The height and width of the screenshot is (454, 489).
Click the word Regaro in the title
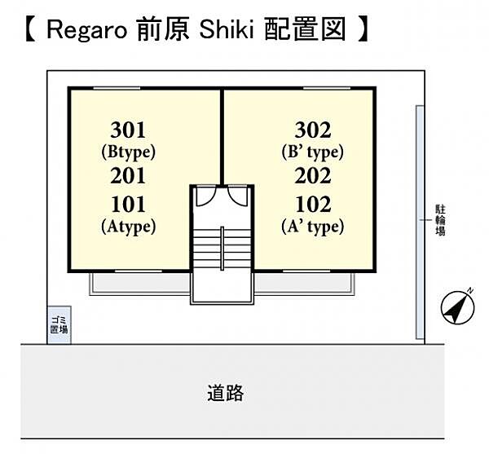86,30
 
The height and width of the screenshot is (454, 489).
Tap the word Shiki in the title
227,29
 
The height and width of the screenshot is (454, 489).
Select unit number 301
128,130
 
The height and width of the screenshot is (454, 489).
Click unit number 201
128,176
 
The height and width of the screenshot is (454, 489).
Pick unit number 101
128,205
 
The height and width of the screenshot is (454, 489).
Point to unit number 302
313,130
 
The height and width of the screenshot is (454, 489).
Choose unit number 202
313,176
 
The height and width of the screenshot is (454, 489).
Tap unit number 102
313,205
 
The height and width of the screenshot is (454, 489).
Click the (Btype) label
129,152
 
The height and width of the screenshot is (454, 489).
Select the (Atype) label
129,227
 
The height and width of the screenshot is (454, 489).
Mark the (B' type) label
313,152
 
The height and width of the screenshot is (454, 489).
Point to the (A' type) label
313,227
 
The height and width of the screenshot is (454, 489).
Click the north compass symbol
457,306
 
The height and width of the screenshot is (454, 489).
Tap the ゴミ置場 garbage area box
59,325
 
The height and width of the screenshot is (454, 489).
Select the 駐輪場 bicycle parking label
440,220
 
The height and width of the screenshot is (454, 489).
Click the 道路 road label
226,393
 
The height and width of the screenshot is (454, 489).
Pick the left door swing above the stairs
206,196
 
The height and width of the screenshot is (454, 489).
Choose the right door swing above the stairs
238,196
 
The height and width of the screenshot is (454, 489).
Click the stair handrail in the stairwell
222,249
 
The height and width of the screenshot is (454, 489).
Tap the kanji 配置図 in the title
306,29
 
